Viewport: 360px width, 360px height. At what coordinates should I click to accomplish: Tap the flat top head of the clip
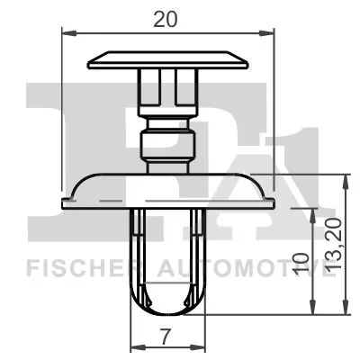click(x=168, y=61)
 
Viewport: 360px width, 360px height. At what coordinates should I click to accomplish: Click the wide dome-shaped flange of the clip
click(x=168, y=190)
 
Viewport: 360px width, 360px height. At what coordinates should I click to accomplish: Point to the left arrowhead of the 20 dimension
click(x=66, y=33)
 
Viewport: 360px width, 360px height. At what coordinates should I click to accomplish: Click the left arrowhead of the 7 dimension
click(x=136, y=348)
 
